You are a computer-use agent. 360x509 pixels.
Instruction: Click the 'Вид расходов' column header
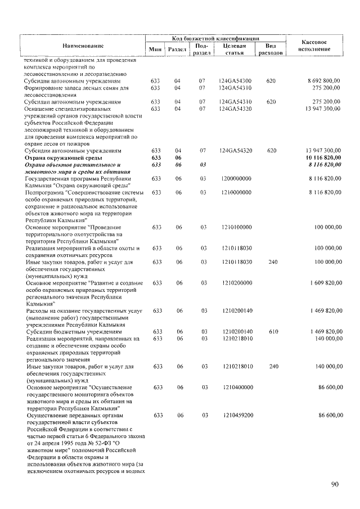tap(270, 49)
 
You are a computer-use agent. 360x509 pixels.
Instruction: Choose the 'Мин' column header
tap(156, 49)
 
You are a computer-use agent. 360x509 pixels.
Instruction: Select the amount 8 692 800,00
tap(324, 81)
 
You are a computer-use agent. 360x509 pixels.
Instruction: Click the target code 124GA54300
tap(236, 81)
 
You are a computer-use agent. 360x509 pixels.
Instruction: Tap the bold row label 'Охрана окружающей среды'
tap(60, 158)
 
